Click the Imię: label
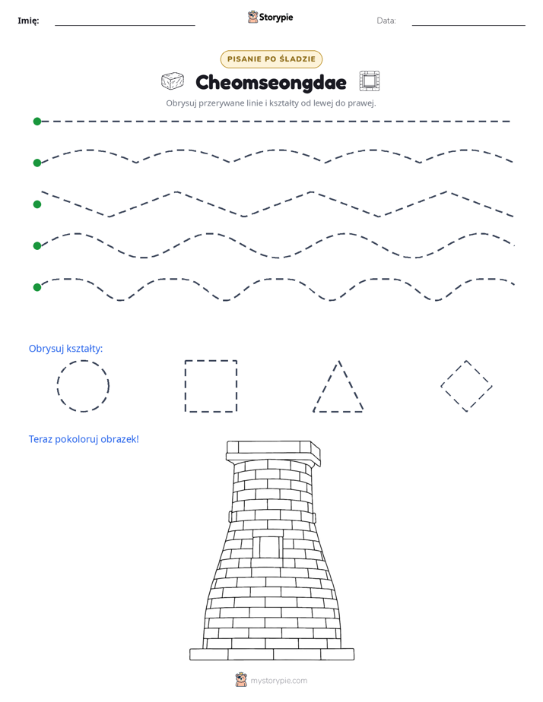pyautogui.click(x=28, y=21)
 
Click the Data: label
pyautogui.click(x=386, y=21)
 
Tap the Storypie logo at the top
pyautogui.click(x=270, y=17)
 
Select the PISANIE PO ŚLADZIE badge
pyautogui.click(x=271, y=59)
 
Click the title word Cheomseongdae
pyautogui.click(x=271, y=82)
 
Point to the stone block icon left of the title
pyautogui.click(x=173, y=81)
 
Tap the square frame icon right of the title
pyautogui.click(x=369, y=81)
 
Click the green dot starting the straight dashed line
pyautogui.click(x=37, y=122)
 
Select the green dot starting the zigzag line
pyautogui.click(x=37, y=204)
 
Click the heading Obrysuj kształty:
pyautogui.click(x=66, y=348)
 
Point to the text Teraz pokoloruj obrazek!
pyautogui.click(x=84, y=439)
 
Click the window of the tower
pyautogui.click(x=268, y=547)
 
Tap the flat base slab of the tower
pyautogui.click(x=271, y=654)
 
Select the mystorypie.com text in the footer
pyautogui.click(x=278, y=681)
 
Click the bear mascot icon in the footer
pyautogui.click(x=241, y=680)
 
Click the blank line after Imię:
pyautogui.click(x=125, y=26)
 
